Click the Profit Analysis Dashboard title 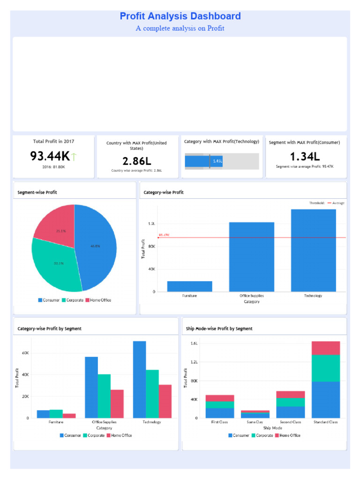pos(180,16)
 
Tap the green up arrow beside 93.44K pos(74,156)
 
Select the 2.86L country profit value pos(137,161)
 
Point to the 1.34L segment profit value pos(305,156)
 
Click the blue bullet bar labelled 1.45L pos(197,161)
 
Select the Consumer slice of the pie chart pos(96,246)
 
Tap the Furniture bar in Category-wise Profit pos(189,286)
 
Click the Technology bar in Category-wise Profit pos(313,250)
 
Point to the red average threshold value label pos(164,235)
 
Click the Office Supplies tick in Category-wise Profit pos(251,296)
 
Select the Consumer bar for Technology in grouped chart pos(139,379)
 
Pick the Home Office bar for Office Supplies pos(117,404)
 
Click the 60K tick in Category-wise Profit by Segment pos(25,353)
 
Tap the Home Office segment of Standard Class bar pos(325,348)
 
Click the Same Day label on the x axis pos(255,422)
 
